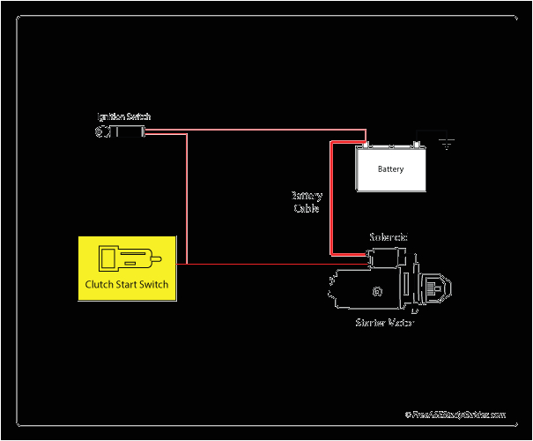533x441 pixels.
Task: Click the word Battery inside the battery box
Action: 390,168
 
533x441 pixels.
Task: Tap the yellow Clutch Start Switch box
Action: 127,267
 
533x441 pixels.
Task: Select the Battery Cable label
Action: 307,202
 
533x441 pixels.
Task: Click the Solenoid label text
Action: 388,237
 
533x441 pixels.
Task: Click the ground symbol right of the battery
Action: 447,142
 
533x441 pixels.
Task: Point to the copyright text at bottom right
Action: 455,414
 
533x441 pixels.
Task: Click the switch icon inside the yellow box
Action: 126,259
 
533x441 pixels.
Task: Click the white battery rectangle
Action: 391,168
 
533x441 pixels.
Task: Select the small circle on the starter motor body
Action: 377,290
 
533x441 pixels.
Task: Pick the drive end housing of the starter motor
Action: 433,288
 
